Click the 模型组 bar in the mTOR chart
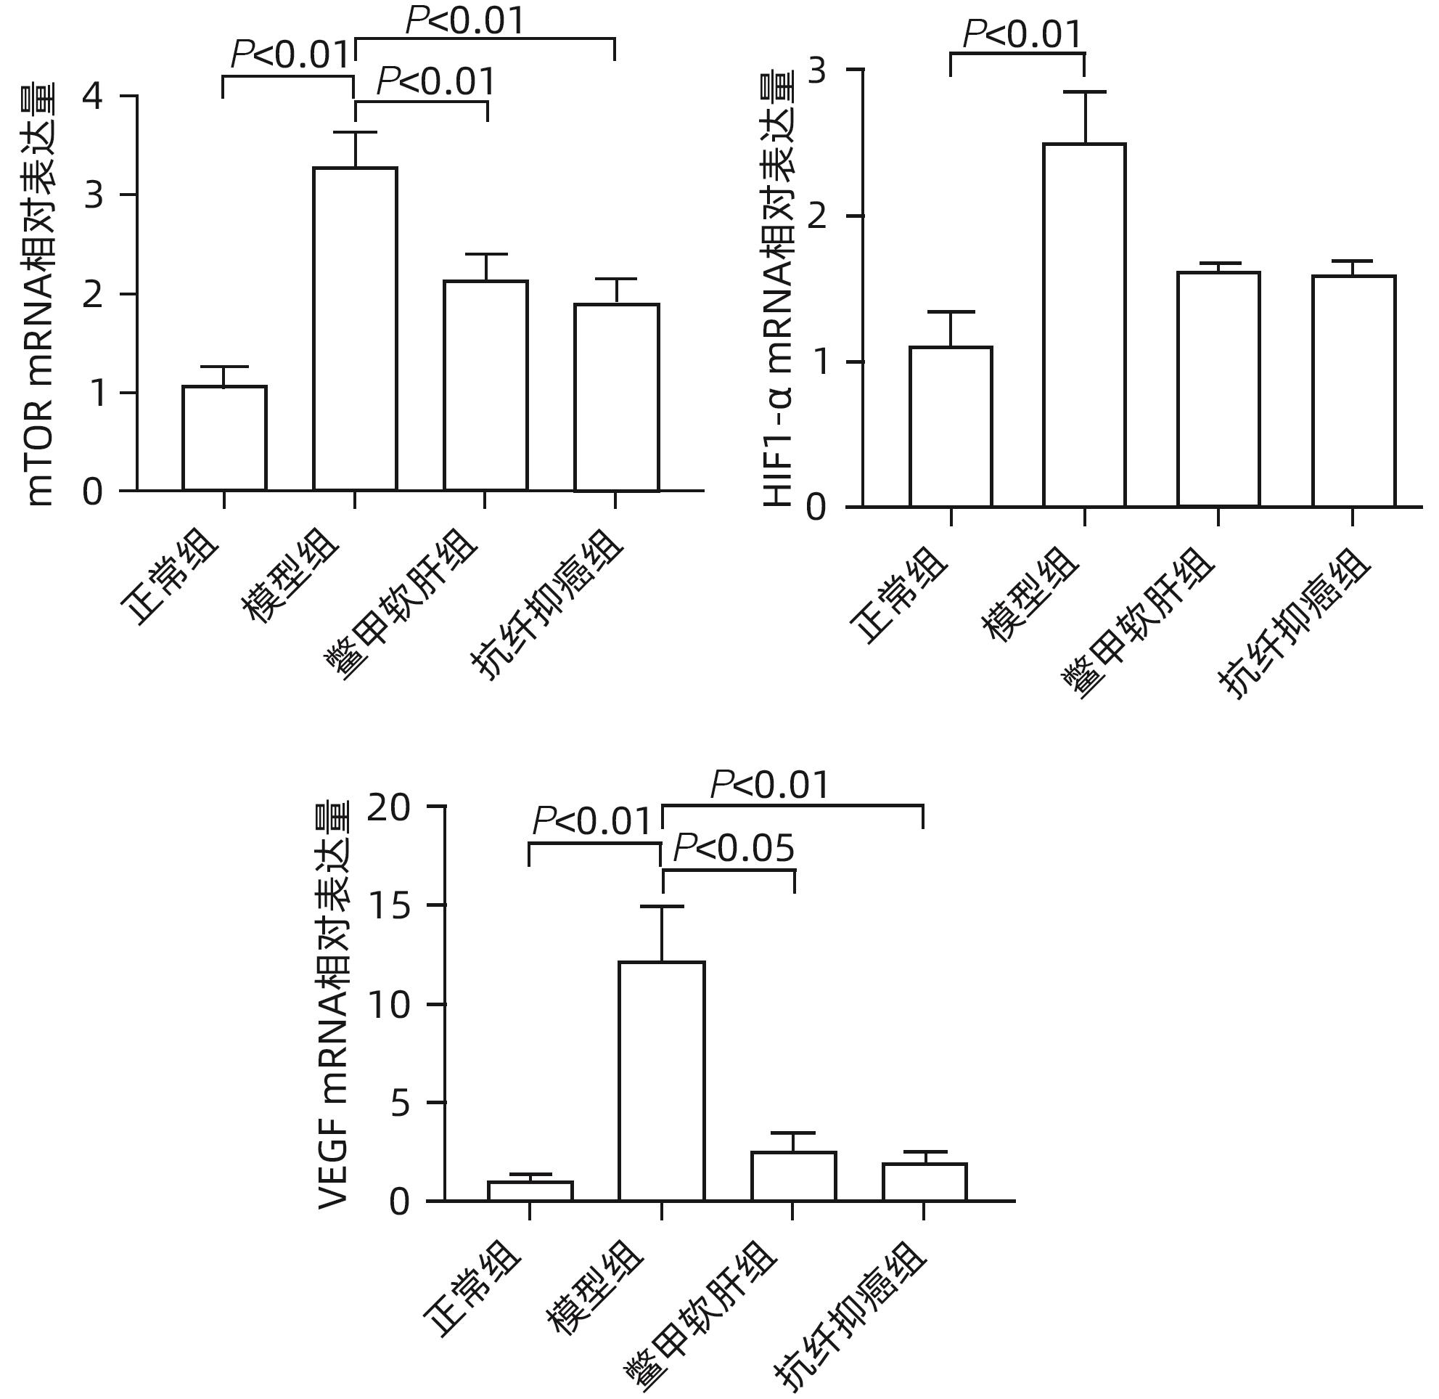[x=355, y=328]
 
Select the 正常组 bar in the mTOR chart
[x=224, y=438]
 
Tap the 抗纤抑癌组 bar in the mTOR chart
[x=616, y=397]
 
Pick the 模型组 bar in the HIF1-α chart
[x=1084, y=325]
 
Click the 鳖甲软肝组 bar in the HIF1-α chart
[x=1218, y=388]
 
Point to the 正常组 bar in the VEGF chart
[x=530, y=1191]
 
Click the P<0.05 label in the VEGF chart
[x=734, y=849]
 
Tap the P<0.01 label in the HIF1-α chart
[x=1022, y=35]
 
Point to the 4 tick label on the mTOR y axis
[x=94, y=97]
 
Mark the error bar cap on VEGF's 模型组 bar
[x=662, y=907]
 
